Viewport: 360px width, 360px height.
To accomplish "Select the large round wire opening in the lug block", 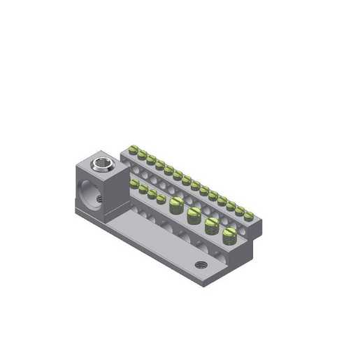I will pos(87,193).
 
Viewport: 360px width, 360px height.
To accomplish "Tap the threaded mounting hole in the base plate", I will pos(201,265).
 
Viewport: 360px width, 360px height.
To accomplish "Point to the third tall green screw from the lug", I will pos(211,224).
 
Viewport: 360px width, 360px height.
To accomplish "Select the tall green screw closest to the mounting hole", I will pos(229,234).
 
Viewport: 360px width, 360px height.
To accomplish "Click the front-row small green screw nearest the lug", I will pos(134,184).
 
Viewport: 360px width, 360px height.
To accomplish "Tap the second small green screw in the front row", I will pos(143,189).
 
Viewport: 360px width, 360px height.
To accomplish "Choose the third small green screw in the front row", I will pos(152,194).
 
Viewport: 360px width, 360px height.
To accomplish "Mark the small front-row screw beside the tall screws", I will pos(161,199).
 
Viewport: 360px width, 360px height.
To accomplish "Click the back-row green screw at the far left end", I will pos(133,148).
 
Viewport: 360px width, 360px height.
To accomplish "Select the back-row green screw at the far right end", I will pos(249,216).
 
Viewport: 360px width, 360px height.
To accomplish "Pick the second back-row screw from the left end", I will pos(142,154).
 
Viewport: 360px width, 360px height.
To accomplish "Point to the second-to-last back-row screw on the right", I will pos(240,211).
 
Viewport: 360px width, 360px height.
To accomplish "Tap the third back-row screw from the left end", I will pos(151,159).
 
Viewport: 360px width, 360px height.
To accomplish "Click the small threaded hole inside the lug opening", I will pos(99,199).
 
